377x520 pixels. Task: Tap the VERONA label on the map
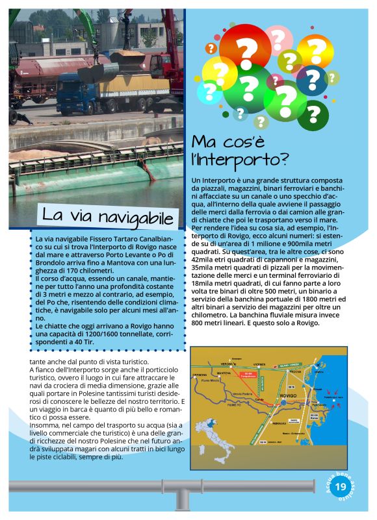point(226,364)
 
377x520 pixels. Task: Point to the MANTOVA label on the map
point(224,374)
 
